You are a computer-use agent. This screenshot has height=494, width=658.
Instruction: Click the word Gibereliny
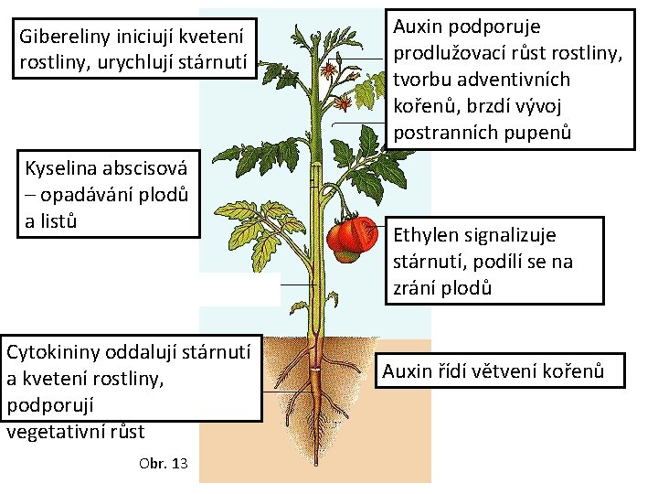(x=61, y=40)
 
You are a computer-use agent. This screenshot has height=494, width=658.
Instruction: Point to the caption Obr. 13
(x=164, y=464)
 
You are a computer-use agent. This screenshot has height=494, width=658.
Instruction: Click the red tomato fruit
(x=353, y=237)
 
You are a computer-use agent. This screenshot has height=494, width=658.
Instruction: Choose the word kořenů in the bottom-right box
(x=568, y=371)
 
